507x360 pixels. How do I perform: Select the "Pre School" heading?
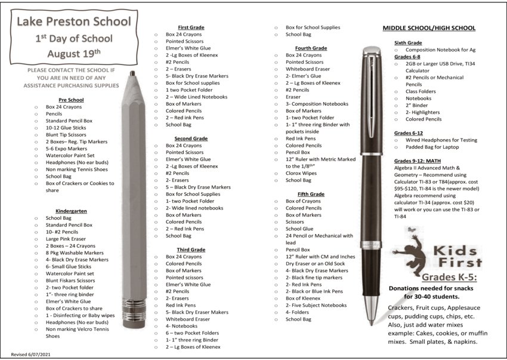(71, 99)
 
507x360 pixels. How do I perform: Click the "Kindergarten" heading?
(71, 211)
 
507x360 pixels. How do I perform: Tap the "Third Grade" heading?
(191, 249)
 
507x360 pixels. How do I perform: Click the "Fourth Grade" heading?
(311, 48)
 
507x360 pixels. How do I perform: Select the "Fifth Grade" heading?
(311, 194)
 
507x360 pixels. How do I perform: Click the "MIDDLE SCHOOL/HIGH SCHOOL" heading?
(429, 28)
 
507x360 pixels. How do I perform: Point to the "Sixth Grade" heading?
(408, 43)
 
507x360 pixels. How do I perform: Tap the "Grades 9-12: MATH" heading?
(418, 161)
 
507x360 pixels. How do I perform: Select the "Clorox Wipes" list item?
(302, 173)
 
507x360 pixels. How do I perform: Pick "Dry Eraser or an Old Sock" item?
(316, 263)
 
